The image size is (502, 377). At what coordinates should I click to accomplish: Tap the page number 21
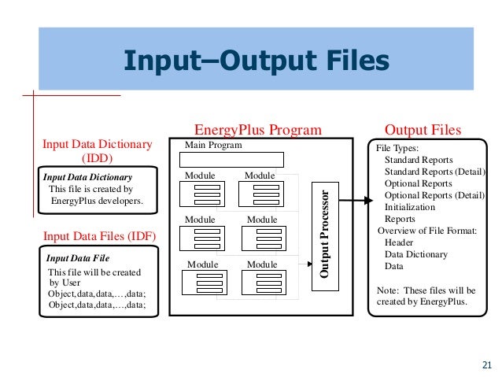click(485, 364)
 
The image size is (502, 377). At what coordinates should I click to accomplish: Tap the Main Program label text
click(213, 146)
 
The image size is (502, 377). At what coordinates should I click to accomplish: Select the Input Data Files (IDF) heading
click(100, 235)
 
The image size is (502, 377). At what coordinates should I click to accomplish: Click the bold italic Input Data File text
click(79, 257)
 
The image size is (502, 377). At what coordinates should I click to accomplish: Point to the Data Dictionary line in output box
click(415, 254)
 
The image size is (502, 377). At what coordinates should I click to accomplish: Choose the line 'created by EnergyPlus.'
click(423, 301)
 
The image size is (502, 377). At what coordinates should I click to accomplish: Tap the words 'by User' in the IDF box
click(65, 282)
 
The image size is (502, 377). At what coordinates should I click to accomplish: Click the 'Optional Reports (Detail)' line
click(434, 195)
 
